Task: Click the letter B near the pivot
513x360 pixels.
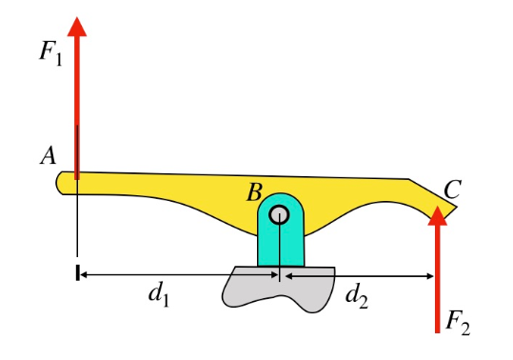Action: point(254,193)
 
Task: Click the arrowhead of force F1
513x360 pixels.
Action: point(77,23)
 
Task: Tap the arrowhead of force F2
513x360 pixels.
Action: point(438,216)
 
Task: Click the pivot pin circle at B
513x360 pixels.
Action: point(279,215)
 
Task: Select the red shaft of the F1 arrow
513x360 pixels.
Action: point(77,105)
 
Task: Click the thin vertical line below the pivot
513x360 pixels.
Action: point(279,250)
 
